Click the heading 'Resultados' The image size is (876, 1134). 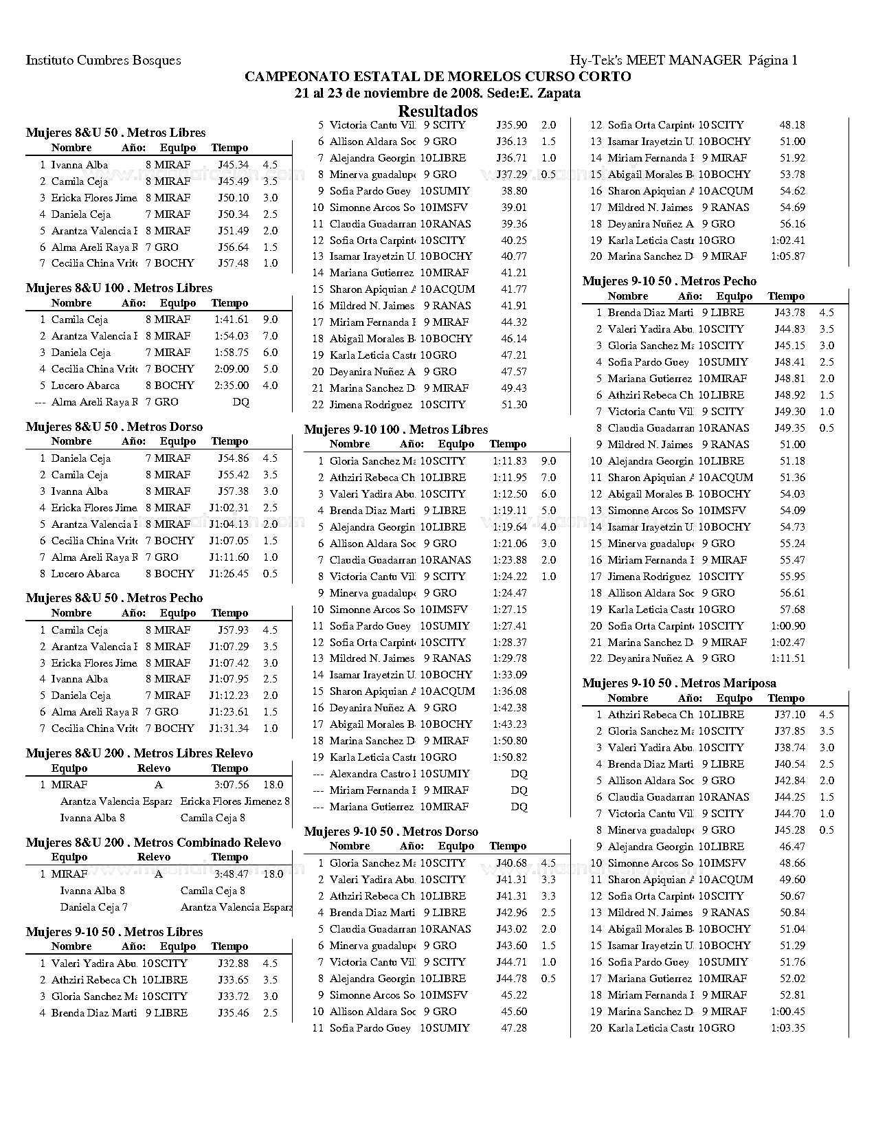coord(438,111)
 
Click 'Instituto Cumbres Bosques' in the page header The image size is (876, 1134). coord(103,60)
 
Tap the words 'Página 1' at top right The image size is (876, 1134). coord(773,60)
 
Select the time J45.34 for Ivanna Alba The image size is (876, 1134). coord(234,165)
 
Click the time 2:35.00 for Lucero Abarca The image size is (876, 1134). coord(231,386)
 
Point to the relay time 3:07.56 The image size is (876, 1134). coord(231,785)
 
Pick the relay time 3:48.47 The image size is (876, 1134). coord(231,874)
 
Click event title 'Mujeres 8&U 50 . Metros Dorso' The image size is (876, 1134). coord(114,427)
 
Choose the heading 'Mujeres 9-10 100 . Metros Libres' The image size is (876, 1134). coord(396,430)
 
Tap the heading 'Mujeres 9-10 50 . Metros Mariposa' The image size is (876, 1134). coord(679,683)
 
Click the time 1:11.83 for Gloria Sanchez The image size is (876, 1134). coord(509,461)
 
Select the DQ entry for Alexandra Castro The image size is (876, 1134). coord(519,774)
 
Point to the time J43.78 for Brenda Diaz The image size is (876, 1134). coord(790,313)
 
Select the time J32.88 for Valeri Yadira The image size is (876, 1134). coord(234,964)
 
